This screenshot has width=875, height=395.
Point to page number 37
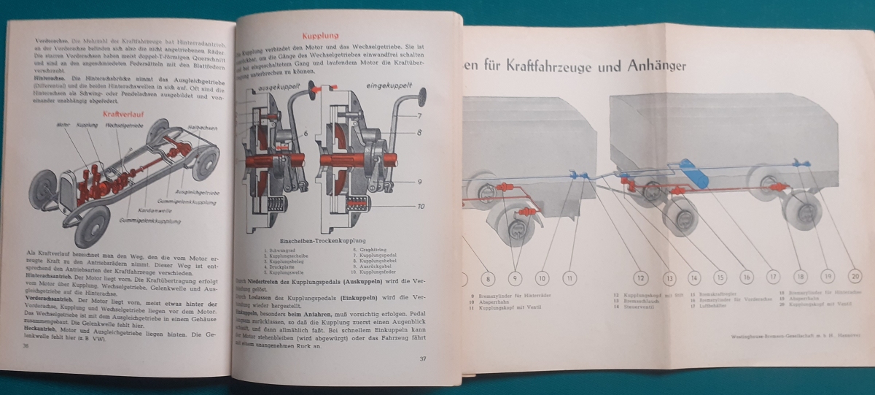[422, 358]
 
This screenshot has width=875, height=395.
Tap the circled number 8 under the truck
[489, 278]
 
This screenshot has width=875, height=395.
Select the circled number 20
[855, 277]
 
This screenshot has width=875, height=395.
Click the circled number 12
[640, 278]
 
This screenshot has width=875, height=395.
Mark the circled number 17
[773, 277]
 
